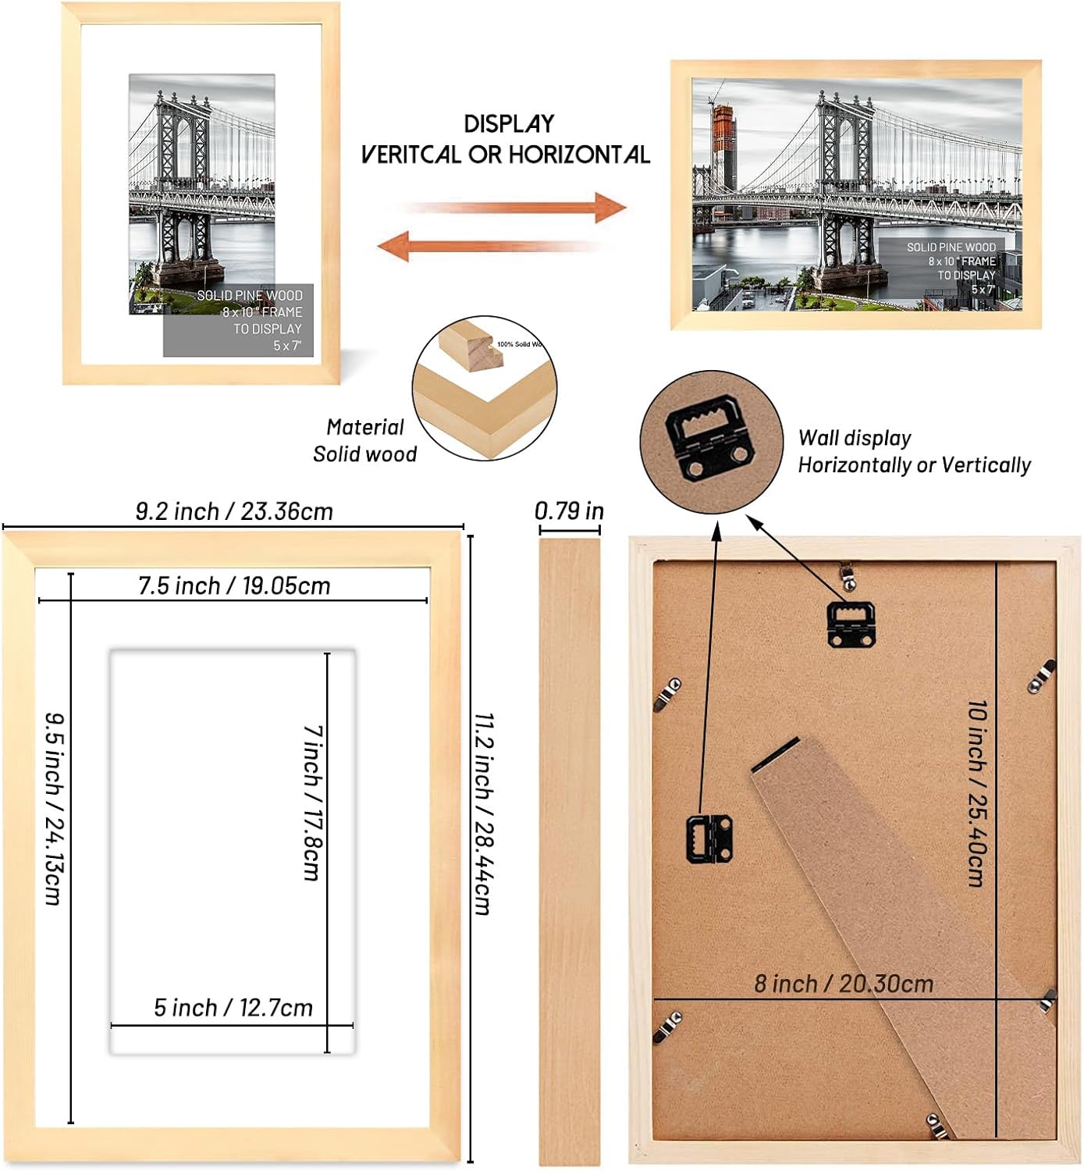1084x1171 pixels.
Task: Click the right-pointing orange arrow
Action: [515, 208]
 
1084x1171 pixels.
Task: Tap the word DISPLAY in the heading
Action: [509, 123]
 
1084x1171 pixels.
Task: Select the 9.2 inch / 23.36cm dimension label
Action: [234, 511]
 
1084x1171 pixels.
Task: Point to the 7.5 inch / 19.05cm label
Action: [234, 585]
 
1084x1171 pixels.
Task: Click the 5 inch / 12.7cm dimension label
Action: [233, 1008]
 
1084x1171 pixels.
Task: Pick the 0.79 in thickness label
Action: [569, 511]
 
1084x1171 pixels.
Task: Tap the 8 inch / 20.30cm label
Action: [844, 984]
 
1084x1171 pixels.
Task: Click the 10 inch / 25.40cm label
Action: [976, 792]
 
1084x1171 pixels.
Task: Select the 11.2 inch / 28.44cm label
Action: [483, 812]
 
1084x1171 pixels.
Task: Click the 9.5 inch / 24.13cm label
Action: [53, 808]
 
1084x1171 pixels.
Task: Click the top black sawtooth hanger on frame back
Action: [851, 622]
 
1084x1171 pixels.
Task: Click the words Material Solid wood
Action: [364, 440]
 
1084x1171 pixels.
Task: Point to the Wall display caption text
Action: [913, 451]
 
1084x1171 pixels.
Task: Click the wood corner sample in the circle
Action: [484, 390]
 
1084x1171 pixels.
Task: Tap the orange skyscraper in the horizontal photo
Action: [723, 148]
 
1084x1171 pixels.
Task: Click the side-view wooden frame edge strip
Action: [570, 851]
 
